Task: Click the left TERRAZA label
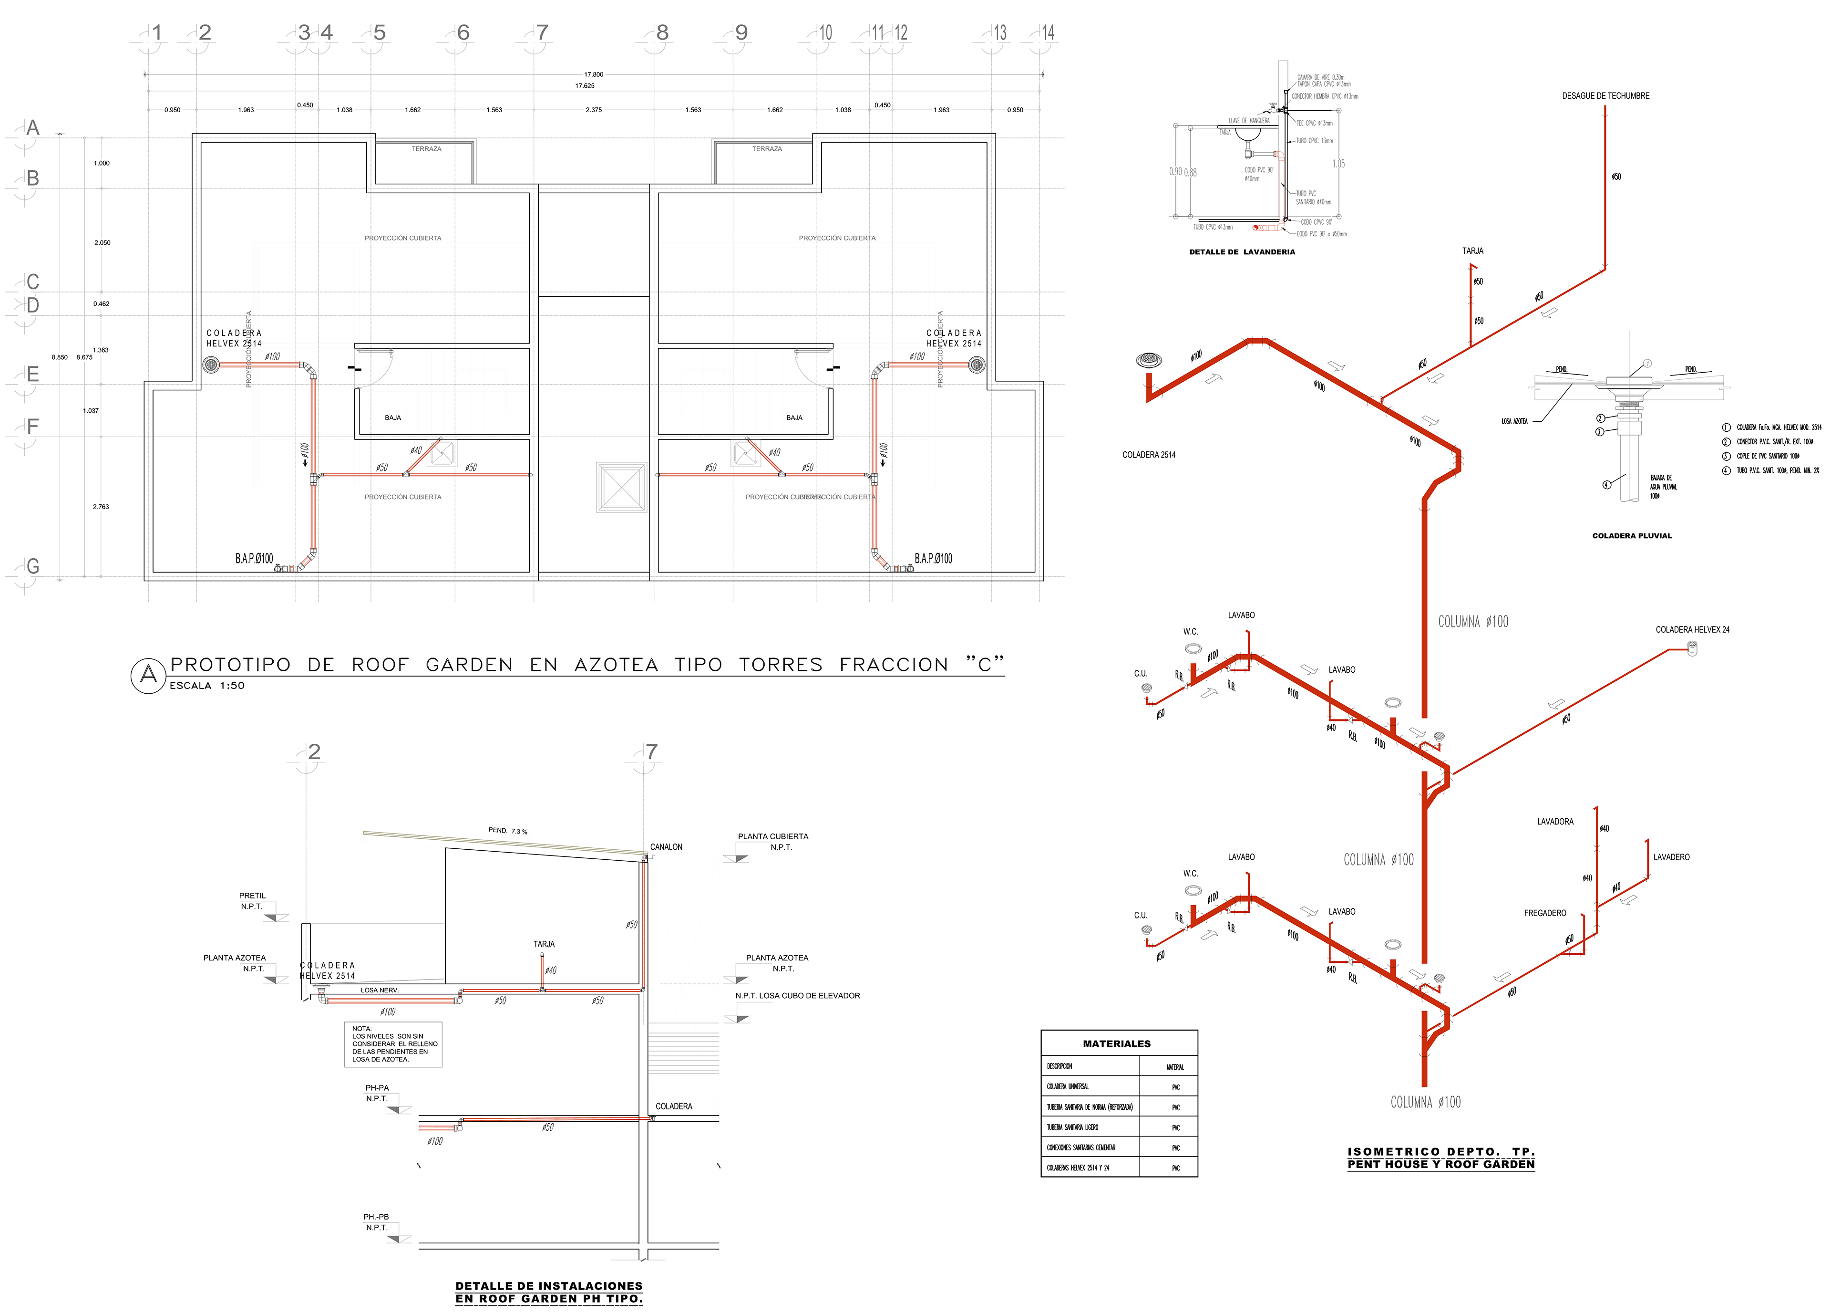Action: (426, 148)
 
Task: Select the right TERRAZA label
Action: (767, 148)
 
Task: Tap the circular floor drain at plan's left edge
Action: (211, 365)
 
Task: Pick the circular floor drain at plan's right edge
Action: (977, 365)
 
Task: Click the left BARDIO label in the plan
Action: (254, 558)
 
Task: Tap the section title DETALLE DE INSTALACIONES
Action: (549, 1292)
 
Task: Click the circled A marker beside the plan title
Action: (148, 675)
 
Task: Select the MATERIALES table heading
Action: (1117, 1044)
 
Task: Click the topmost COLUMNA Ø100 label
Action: (1473, 621)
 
